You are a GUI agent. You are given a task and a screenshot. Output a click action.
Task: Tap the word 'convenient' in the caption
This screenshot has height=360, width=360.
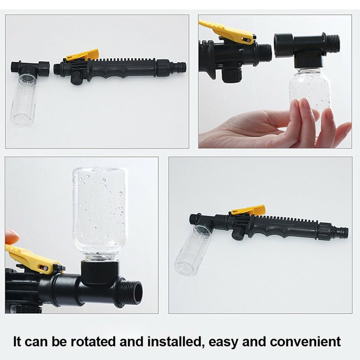point(305,341)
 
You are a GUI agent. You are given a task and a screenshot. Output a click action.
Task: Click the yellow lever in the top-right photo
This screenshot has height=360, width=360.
point(227,32)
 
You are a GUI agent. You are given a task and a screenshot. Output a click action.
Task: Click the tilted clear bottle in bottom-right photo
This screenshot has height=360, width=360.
point(192,251)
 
